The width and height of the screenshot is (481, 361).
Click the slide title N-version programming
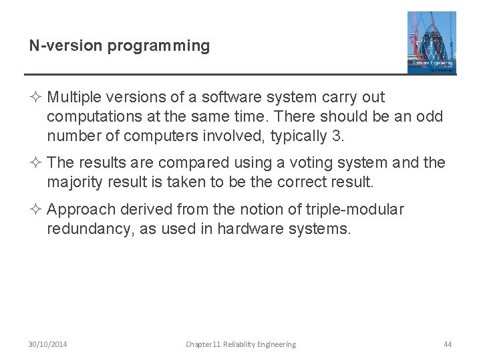click(x=119, y=46)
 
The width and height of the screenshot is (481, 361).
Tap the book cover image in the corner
click(x=432, y=41)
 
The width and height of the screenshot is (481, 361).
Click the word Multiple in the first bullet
click(x=73, y=98)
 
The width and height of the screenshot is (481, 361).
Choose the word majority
click(x=74, y=181)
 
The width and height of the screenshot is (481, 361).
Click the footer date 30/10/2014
click(x=47, y=344)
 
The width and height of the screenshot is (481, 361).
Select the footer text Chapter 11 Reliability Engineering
click(x=240, y=344)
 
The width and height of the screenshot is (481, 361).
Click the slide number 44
click(x=448, y=344)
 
